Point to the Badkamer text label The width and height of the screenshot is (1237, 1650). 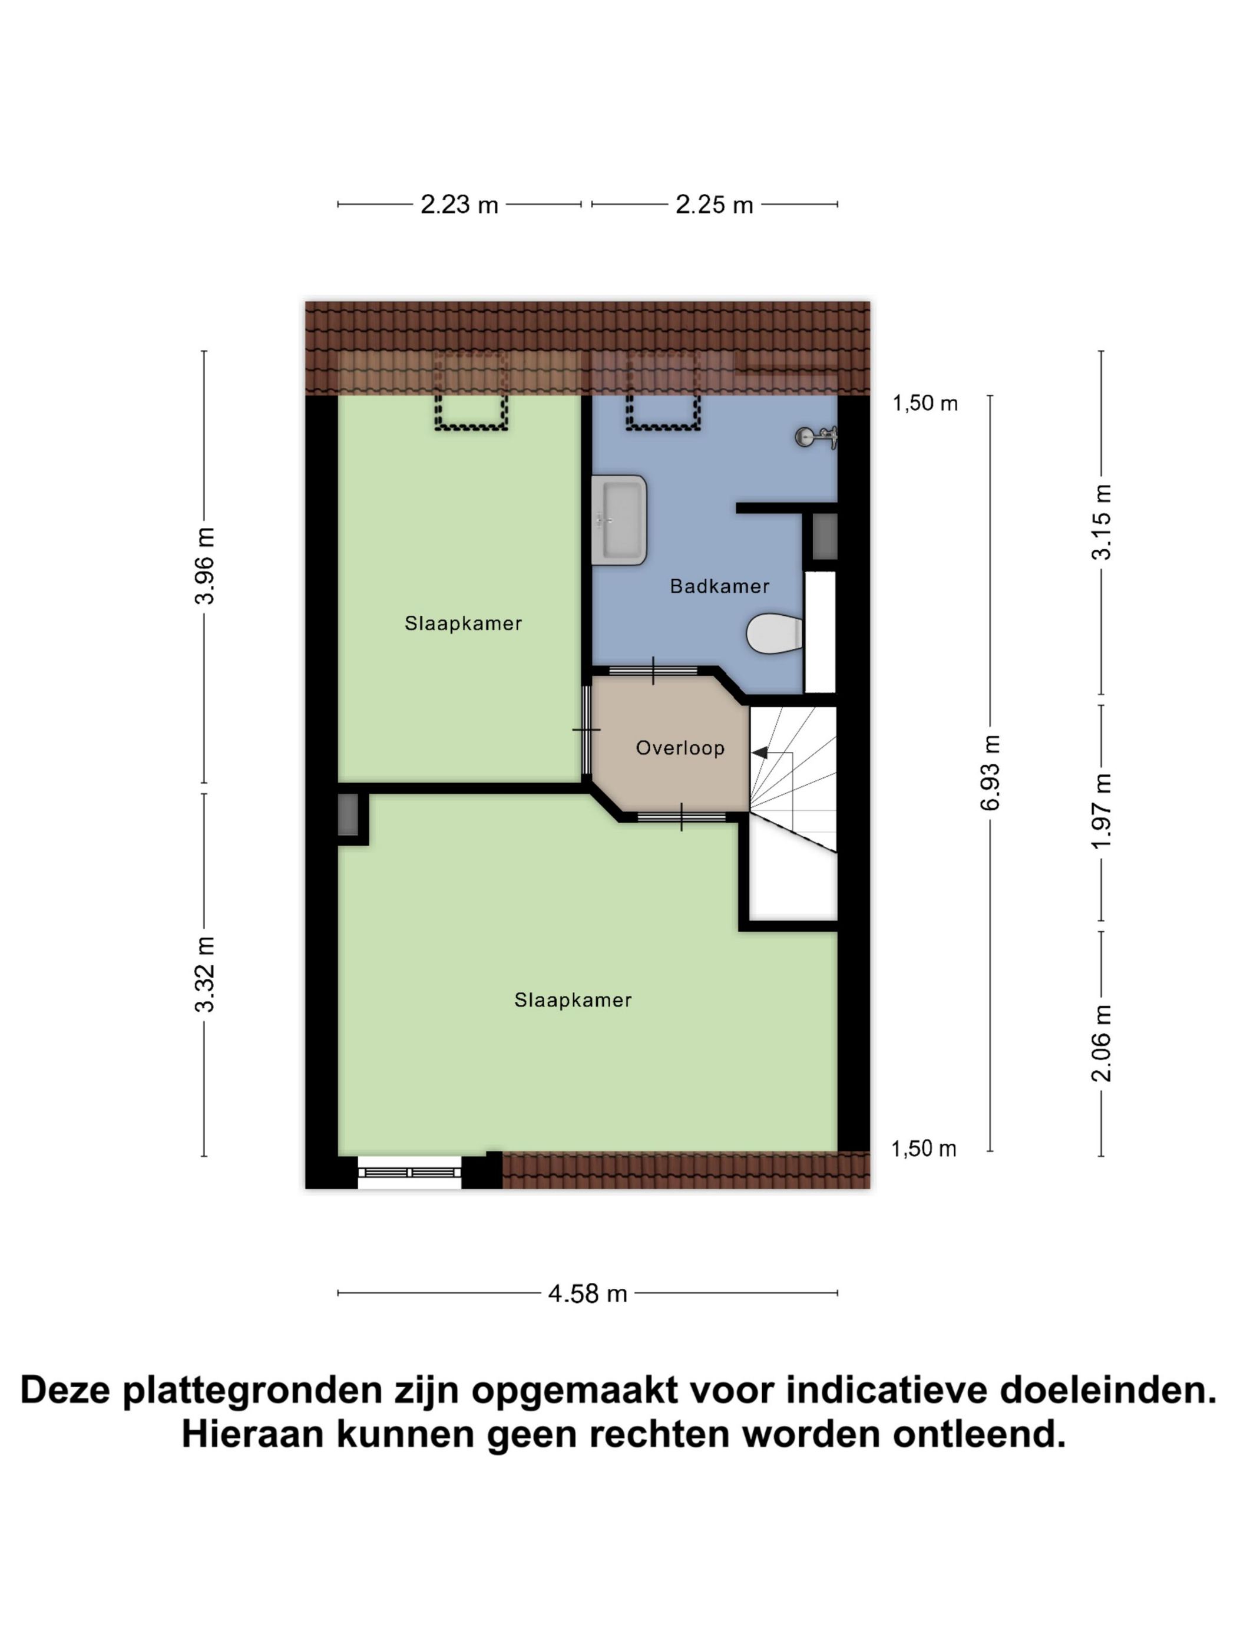719,586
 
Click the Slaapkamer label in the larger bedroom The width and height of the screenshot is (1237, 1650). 573,1000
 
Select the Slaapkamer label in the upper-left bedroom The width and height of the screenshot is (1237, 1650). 463,623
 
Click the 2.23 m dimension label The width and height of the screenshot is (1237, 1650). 458,204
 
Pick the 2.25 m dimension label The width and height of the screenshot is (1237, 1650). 713,204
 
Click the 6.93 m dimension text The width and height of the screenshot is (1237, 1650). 990,772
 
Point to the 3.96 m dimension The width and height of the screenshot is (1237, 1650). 204,565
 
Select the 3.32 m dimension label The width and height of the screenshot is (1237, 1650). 204,974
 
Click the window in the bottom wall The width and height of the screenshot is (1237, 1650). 409,1173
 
